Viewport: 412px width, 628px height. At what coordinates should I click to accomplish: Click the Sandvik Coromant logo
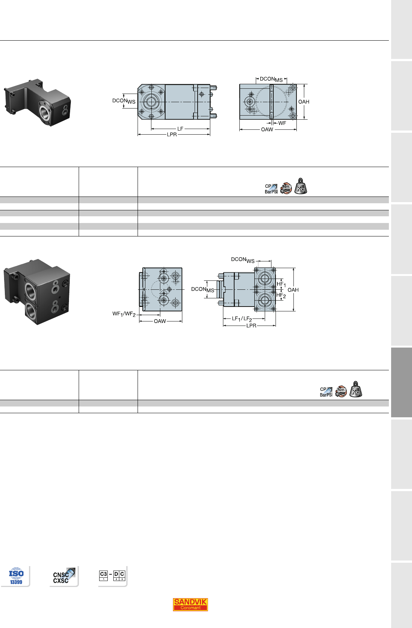(x=190, y=604)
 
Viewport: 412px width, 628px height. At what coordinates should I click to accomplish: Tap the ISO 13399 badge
(x=16, y=576)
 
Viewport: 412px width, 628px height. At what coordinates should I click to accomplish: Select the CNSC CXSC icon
(x=64, y=576)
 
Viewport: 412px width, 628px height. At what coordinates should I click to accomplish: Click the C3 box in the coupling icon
(x=103, y=575)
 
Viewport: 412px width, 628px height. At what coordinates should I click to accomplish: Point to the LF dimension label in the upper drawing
(x=180, y=129)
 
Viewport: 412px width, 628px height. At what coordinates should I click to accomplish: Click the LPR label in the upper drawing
(x=172, y=135)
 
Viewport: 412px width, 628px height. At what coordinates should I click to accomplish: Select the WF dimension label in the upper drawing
(x=282, y=123)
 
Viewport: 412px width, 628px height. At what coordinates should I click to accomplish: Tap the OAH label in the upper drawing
(x=304, y=102)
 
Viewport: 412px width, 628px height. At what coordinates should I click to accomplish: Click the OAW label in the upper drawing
(x=267, y=129)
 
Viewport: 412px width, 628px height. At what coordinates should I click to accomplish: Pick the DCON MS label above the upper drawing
(x=271, y=79)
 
